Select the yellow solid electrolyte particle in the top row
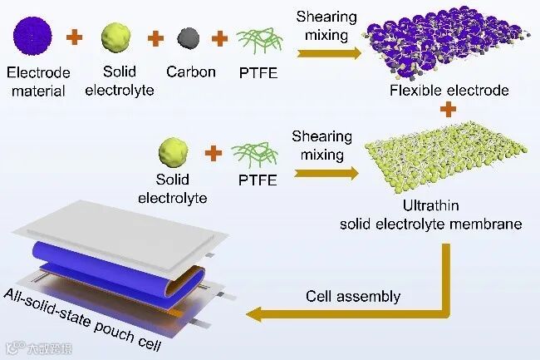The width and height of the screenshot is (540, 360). [118, 37]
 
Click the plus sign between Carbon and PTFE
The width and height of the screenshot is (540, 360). [220, 37]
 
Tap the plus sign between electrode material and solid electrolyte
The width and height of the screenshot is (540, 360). [76, 37]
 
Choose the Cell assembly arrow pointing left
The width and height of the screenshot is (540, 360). [349, 313]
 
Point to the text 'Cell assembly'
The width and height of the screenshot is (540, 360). [352, 297]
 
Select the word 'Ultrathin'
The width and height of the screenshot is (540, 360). [450, 205]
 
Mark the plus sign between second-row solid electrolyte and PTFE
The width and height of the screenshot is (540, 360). [214, 153]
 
